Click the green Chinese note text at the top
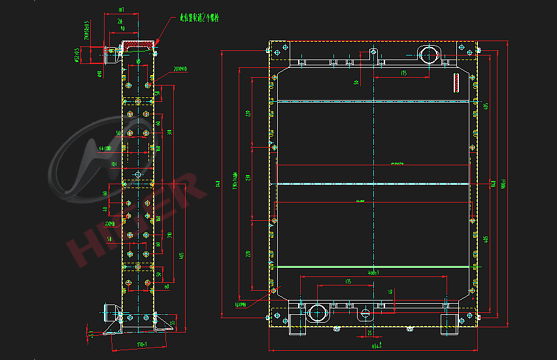coord(199,18)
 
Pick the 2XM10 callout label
coord(180,68)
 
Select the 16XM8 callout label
coord(240,304)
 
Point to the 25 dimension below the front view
coord(369,333)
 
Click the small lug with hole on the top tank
coord(373,52)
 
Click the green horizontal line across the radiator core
coord(373,267)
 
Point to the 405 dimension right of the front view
coord(486,106)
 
